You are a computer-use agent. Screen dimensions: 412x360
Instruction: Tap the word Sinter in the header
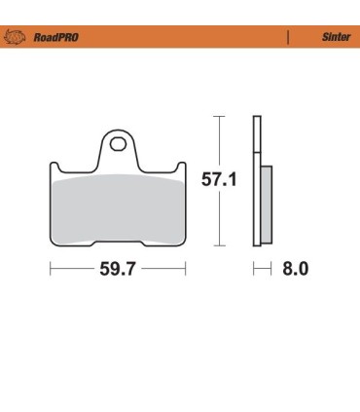tap(335, 37)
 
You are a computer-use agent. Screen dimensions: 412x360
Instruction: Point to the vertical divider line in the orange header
tap(288, 37)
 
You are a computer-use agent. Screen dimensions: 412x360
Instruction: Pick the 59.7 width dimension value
tap(118, 269)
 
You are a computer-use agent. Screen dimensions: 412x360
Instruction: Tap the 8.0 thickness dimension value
tap(295, 269)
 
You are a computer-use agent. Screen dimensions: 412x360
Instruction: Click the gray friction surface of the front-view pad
tap(117, 209)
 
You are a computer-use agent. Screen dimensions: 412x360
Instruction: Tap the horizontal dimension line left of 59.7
tap(70, 269)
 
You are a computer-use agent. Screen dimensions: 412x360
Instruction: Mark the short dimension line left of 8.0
tap(260, 269)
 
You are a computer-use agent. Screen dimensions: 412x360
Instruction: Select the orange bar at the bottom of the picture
tap(180, 406)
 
